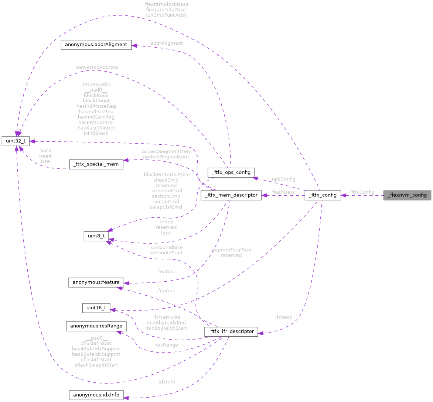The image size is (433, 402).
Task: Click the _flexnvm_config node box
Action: pyautogui.click(x=407, y=195)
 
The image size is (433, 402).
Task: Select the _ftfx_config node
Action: pyautogui.click(x=323, y=195)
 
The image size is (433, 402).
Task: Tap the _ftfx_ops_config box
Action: pyautogui.click(x=231, y=172)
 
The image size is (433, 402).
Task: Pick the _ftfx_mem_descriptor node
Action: pyautogui.click(x=231, y=195)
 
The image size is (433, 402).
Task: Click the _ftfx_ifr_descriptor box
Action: pyautogui.click(x=231, y=331)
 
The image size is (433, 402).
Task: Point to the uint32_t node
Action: pyautogui.click(x=16, y=141)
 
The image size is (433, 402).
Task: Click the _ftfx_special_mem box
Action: pyautogui.click(x=96, y=164)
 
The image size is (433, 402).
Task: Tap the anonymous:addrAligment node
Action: pyautogui.click(x=96, y=45)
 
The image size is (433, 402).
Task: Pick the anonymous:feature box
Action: pyautogui.click(x=96, y=282)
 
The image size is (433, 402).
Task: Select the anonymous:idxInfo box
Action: pyautogui.click(x=96, y=395)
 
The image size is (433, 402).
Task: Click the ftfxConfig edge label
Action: pyautogui.click(x=362, y=192)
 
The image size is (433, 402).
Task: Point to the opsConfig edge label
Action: pyautogui.click(x=284, y=179)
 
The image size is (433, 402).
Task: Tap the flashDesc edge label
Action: pyautogui.click(x=284, y=192)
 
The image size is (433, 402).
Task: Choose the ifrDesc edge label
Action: pyautogui.click(x=284, y=317)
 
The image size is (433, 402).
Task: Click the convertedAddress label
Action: pyautogui.click(x=97, y=67)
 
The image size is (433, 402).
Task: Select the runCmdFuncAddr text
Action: pyautogui.click(x=166, y=15)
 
